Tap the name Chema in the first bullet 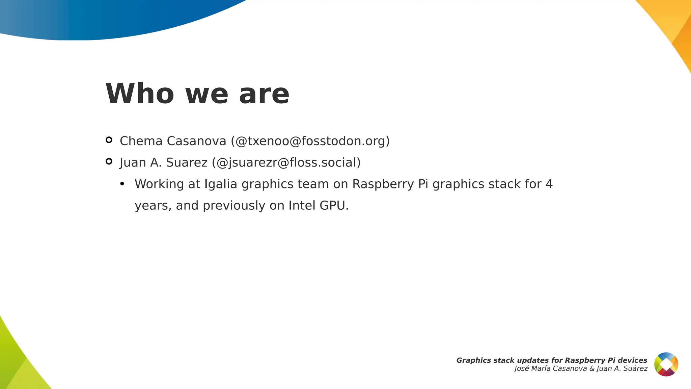(141, 141)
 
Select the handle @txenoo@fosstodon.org (310, 141)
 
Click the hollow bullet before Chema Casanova (109, 140)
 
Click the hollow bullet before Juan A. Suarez (109, 161)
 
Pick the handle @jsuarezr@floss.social (286, 163)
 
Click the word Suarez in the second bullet (187, 163)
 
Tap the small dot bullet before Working (122, 184)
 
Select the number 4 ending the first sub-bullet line (549, 184)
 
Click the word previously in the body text (234, 205)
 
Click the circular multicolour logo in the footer (666, 364)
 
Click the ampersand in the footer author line (592, 369)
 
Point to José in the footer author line (522, 369)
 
